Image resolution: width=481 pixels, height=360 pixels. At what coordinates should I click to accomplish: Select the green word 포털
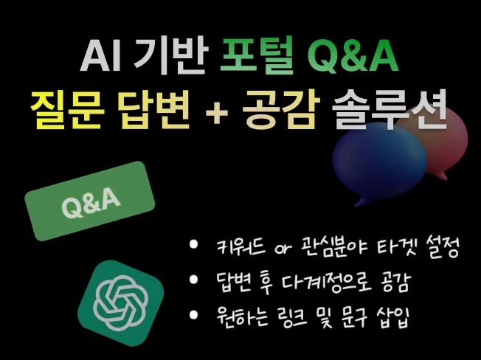tap(257, 56)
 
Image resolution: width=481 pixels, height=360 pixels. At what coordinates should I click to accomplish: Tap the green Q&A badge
tap(90, 201)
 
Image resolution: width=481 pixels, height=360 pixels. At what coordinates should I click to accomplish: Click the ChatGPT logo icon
tap(120, 303)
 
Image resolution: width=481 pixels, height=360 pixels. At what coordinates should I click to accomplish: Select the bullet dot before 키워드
tap(193, 244)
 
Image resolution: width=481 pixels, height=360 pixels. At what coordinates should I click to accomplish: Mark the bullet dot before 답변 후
tap(193, 280)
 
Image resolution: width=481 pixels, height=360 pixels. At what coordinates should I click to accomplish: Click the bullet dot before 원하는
tap(193, 315)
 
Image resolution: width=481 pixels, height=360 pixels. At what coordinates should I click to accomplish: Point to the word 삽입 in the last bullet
tap(392, 318)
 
